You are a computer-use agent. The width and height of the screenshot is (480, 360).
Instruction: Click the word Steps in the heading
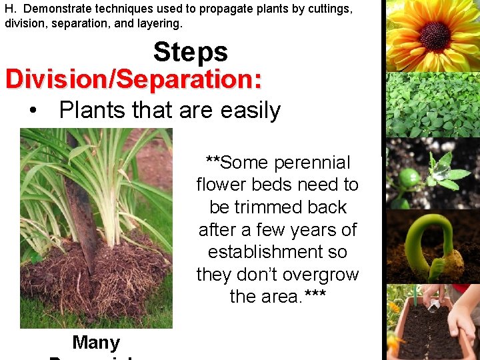191,52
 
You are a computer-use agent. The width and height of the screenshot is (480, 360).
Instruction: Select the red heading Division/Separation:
133,79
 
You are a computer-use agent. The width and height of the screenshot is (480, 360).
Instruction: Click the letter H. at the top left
10,9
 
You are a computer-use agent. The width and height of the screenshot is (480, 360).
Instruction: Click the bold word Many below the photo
96,343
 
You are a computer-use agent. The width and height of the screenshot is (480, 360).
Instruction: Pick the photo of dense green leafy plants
433,105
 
